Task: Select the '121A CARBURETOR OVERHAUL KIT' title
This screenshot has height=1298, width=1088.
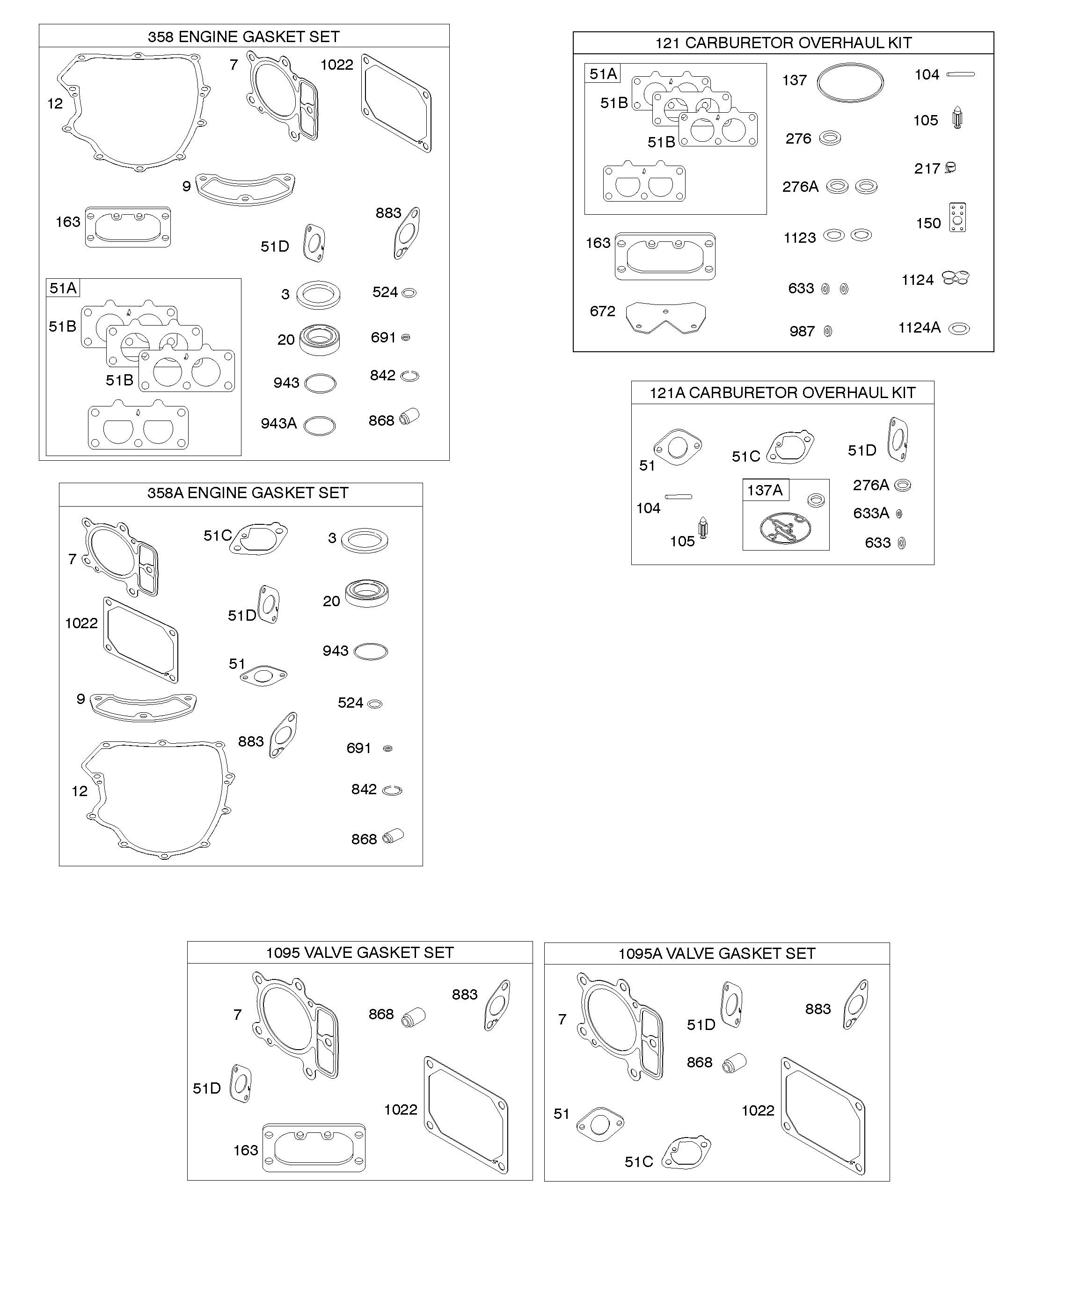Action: [782, 393]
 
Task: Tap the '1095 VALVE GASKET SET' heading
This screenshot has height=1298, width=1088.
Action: [359, 952]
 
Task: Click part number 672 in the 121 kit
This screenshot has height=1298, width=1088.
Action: [602, 312]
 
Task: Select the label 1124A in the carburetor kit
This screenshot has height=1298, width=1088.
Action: [919, 327]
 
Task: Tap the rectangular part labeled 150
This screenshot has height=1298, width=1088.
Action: [957, 218]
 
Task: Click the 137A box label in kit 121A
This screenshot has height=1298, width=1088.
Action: [765, 490]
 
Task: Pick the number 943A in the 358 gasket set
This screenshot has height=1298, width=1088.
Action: [278, 423]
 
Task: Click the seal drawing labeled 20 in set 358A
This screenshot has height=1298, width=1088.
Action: [367, 594]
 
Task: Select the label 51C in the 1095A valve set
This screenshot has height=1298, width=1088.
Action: [638, 1162]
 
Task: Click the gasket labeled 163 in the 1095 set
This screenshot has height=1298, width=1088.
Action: [314, 1148]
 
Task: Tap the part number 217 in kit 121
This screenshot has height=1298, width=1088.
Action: [927, 169]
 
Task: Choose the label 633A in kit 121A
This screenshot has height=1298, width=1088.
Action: [870, 513]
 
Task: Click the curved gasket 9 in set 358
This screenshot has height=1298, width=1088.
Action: [245, 189]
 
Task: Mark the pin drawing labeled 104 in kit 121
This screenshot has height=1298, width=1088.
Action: [961, 75]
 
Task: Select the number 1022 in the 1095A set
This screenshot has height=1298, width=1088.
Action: [758, 1111]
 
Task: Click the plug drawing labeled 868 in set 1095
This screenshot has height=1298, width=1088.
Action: [414, 1017]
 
